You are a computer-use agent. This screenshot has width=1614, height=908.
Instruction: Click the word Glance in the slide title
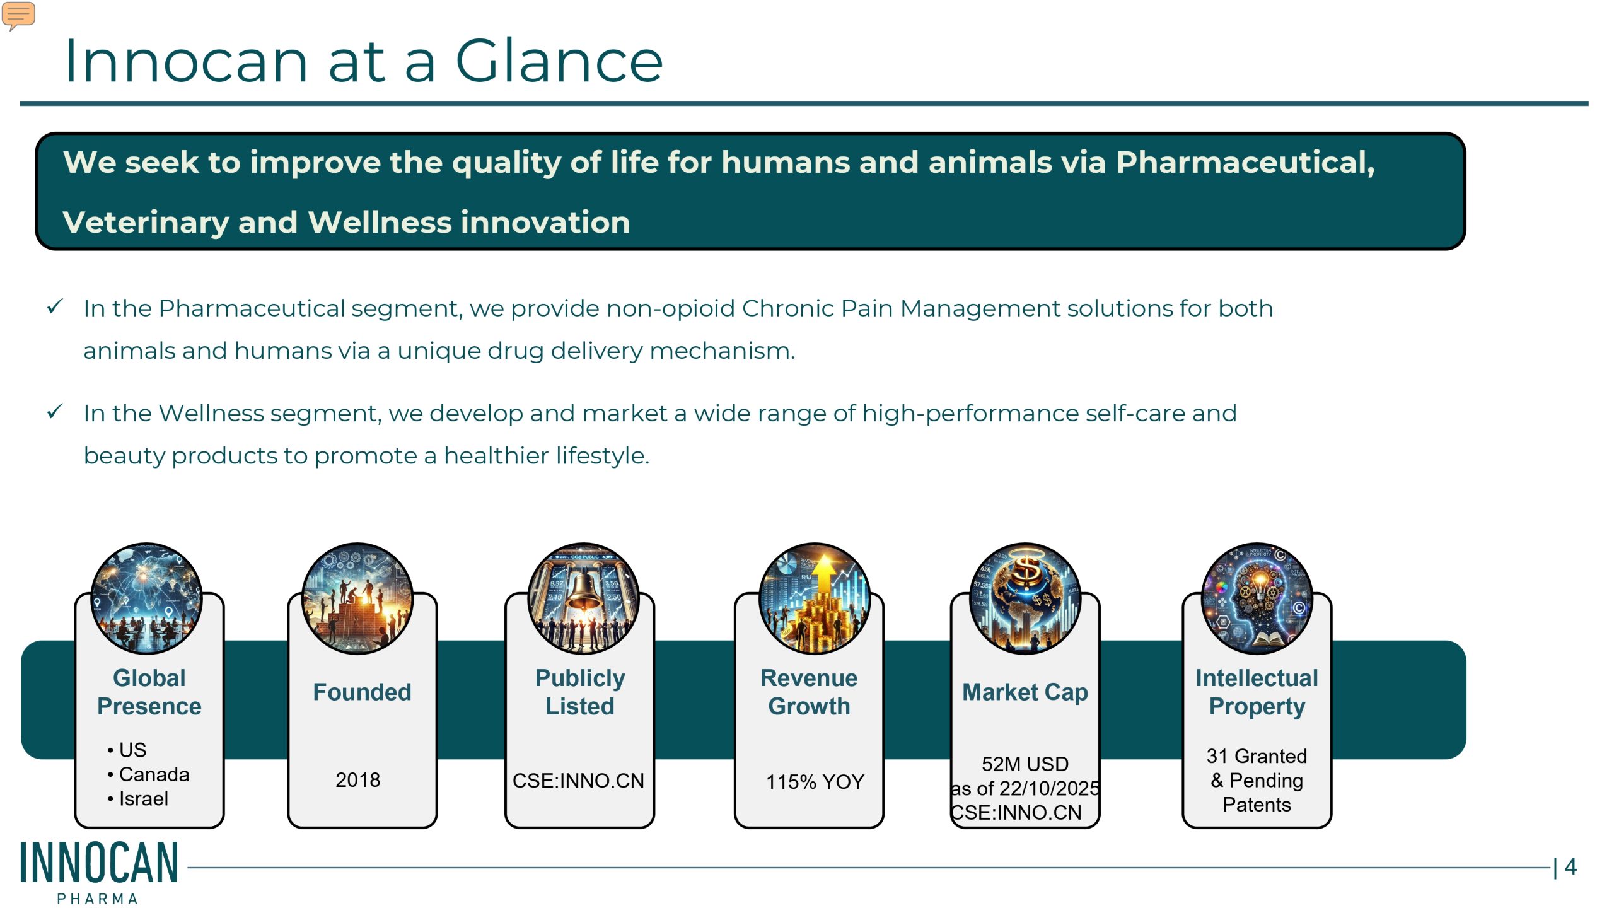pyautogui.click(x=559, y=61)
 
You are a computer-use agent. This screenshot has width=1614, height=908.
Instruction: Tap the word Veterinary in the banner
pyautogui.click(x=146, y=223)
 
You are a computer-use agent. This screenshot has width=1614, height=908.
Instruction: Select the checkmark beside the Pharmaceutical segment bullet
pyautogui.click(x=55, y=307)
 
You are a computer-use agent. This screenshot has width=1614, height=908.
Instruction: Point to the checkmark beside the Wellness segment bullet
pyautogui.click(x=55, y=412)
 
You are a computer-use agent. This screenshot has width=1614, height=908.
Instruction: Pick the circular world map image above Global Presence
pyautogui.click(x=146, y=598)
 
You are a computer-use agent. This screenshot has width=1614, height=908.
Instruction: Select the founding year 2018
pyautogui.click(x=357, y=780)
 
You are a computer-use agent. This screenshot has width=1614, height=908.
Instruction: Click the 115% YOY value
pyautogui.click(x=815, y=782)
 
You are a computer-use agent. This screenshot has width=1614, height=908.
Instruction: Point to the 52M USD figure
pyautogui.click(x=1025, y=764)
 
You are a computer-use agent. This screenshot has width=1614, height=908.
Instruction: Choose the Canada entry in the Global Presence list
pyautogui.click(x=154, y=774)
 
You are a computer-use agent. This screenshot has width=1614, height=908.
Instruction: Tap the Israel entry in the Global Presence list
pyautogui.click(x=143, y=799)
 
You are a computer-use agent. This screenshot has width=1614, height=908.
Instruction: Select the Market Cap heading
pyautogui.click(x=1025, y=692)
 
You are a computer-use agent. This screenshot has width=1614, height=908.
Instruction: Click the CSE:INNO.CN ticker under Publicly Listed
pyautogui.click(x=578, y=781)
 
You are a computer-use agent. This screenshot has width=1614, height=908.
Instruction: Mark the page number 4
pyautogui.click(x=1570, y=866)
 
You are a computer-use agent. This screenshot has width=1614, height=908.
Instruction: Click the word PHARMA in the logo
pyautogui.click(x=97, y=899)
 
